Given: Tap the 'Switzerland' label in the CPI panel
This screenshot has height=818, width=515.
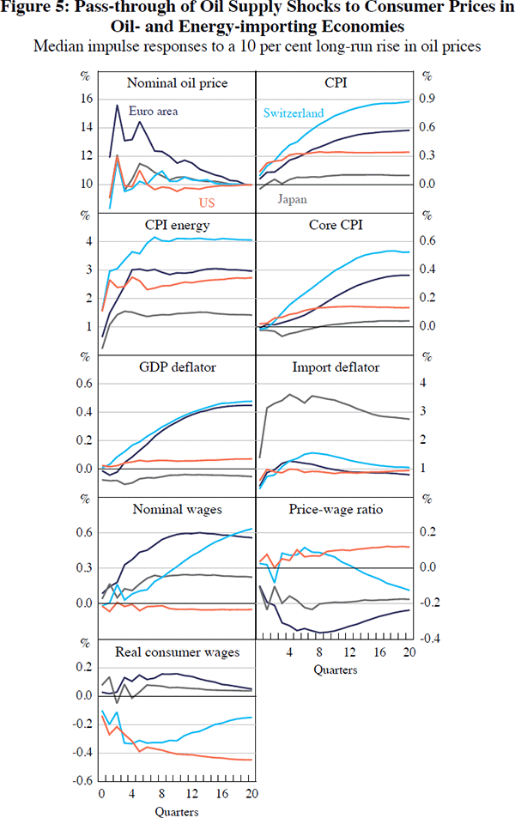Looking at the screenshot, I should (294, 112).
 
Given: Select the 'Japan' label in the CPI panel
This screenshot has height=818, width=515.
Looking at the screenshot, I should (293, 199).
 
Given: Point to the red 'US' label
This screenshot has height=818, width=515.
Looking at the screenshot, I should (207, 203).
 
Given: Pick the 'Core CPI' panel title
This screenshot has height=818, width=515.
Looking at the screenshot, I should (336, 226).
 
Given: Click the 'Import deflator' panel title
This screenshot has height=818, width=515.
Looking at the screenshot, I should (336, 367).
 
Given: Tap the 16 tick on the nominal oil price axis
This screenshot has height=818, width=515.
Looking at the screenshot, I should (86, 99).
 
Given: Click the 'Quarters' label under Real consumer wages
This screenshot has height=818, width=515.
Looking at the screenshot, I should (177, 810).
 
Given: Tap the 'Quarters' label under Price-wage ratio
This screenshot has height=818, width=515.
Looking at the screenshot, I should (335, 668).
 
